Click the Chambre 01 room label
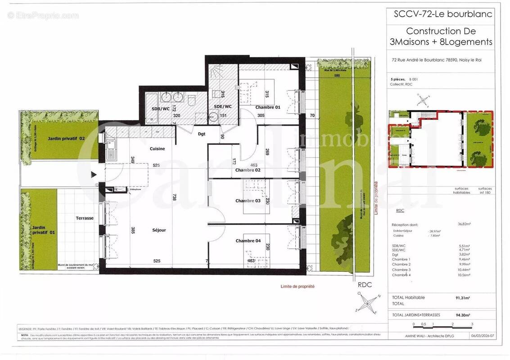coord(268,107)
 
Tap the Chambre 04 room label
coord(248,241)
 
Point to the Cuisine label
coord(157,148)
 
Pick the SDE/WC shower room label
coord(222,107)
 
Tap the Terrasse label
coord(85,218)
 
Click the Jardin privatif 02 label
coord(66,139)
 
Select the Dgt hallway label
coord(202,134)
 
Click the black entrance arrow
coord(94,174)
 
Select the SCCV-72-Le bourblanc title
coord(443,14)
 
